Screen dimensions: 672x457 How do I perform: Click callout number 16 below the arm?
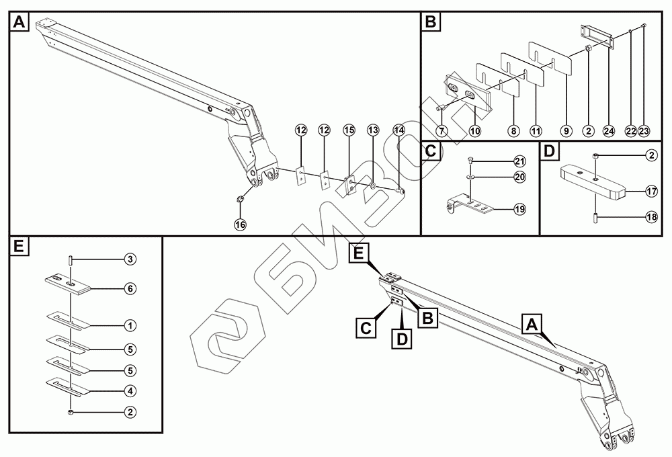click(x=240, y=224)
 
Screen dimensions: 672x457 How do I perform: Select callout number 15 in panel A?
click(x=348, y=129)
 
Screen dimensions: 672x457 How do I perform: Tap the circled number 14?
click(x=399, y=129)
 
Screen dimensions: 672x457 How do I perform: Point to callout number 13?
click(x=374, y=129)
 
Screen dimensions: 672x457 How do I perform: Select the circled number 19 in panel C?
click(x=520, y=210)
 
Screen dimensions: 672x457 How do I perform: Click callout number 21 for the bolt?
click(x=520, y=161)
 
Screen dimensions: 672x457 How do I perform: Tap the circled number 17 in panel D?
click(x=651, y=192)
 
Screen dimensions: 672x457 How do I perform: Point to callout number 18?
click(x=651, y=216)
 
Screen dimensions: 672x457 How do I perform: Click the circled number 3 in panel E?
click(x=130, y=259)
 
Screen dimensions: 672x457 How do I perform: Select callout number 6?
click(x=130, y=288)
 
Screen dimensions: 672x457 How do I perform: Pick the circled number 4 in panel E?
click(x=130, y=390)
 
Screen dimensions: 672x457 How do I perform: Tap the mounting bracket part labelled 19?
click(x=474, y=206)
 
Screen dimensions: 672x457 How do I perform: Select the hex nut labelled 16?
click(x=239, y=199)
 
